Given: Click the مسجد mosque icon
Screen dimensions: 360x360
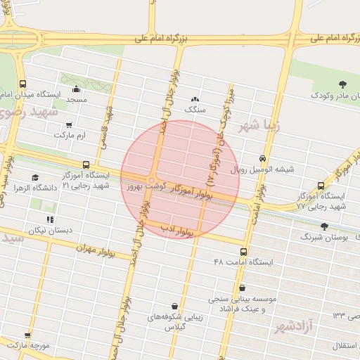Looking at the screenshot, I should click(x=76, y=89).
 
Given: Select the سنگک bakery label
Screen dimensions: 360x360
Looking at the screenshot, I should click(x=194, y=110).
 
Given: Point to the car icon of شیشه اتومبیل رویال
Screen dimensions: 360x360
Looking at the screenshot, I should click(x=262, y=159).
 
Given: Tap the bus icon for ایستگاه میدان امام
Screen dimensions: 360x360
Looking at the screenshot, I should click(x=23, y=83).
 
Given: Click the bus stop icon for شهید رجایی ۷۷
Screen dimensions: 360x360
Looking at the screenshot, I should click(x=321, y=186).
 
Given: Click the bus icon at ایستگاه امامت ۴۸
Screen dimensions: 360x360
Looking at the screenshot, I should click(x=244, y=251).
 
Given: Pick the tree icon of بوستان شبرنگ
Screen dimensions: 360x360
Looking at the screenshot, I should click(x=323, y=226).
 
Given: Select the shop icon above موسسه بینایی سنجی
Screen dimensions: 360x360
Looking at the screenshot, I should click(x=243, y=288).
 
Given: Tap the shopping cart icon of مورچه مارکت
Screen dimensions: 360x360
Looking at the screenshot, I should click(x=28, y=336).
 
